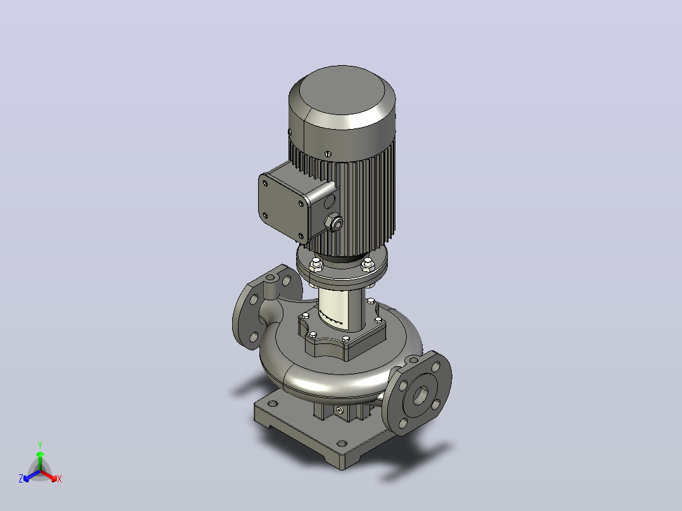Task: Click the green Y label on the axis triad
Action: click(x=40, y=445)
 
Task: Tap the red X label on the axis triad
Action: click(x=59, y=479)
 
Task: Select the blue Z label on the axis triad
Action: click(x=21, y=479)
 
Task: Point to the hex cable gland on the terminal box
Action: click(x=333, y=223)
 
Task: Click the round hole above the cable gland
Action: click(x=330, y=201)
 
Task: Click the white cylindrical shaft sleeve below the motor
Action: click(x=342, y=307)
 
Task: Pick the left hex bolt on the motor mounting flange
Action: click(x=316, y=264)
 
